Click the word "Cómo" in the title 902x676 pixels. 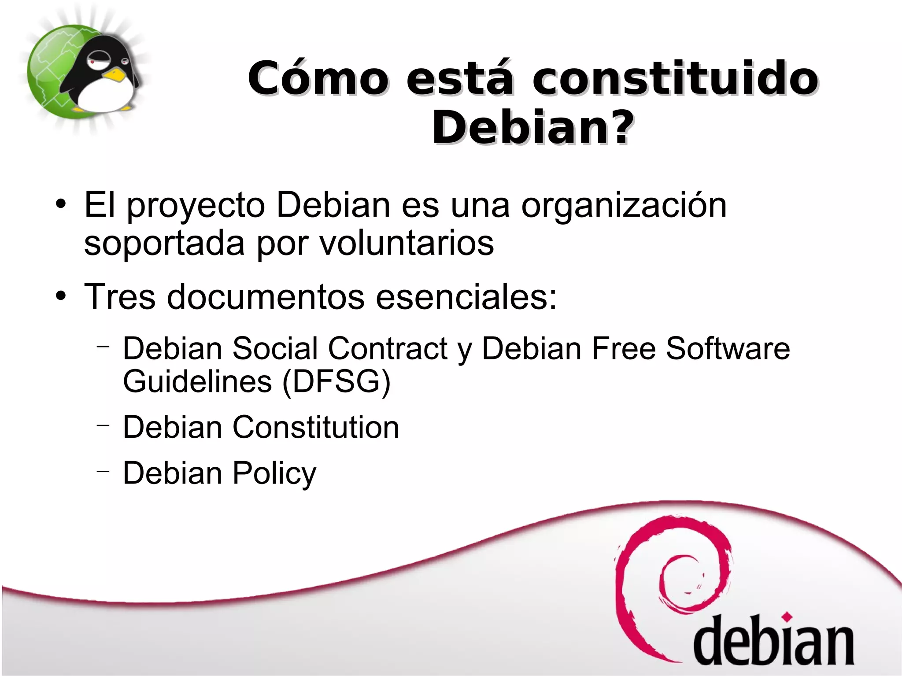(x=318, y=78)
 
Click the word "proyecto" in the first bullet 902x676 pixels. (x=196, y=206)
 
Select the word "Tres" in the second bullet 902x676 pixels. (x=119, y=296)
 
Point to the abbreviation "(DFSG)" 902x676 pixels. (x=336, y=381)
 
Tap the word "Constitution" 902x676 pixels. (x=315, y=427)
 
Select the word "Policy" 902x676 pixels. (x=274, y=474)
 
